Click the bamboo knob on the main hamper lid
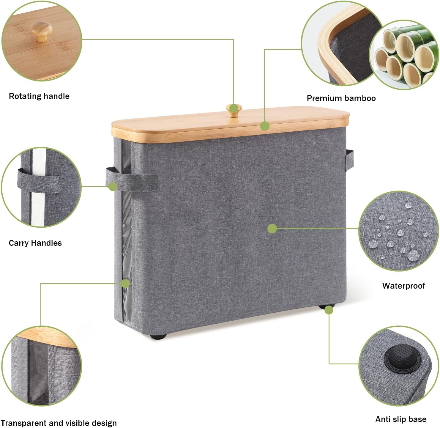click(x=234, y=110)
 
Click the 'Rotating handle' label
click(x=39, y=96)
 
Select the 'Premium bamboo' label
click(x=341, y=98)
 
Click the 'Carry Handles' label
click(x=35, y=243)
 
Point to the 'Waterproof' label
click(x=403, y=286)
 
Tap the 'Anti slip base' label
click(x=401, y=419)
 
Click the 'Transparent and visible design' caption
click(x=59, y=423)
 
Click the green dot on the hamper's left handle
click(x=113, y=186)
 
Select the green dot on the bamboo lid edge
click(x=264, y=126)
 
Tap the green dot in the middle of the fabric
click(x=272, y=229)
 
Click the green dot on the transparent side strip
click(x=125, y=284)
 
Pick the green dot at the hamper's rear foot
click(x=329, y=310)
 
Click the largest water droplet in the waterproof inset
click(x=413, y=255)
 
